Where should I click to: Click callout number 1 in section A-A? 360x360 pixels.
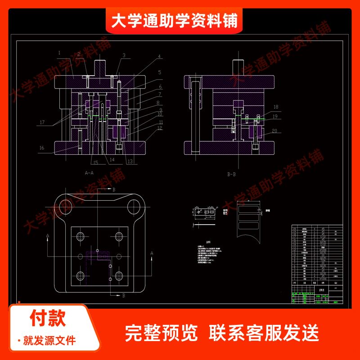point(59,53)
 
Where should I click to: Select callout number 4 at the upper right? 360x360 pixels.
point(159,57)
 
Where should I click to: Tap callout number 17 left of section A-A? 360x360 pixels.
point(41,122)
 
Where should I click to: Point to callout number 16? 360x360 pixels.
point(41,147)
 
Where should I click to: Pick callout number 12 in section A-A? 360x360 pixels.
point(160,128)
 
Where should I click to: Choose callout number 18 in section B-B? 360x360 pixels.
point(275,107)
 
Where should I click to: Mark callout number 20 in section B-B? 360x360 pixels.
point(275,131)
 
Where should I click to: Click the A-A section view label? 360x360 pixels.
point(89,173)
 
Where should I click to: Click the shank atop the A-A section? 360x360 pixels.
point(99,67)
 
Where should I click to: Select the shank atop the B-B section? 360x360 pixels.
point(236,67)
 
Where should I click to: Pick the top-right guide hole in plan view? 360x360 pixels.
point(133,207)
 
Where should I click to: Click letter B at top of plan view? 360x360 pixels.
point(114,190)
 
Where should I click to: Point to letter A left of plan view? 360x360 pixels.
point(47,235)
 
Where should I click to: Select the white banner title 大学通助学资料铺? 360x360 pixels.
point(174,20)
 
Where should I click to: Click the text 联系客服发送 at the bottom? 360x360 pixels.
point(264,333)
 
